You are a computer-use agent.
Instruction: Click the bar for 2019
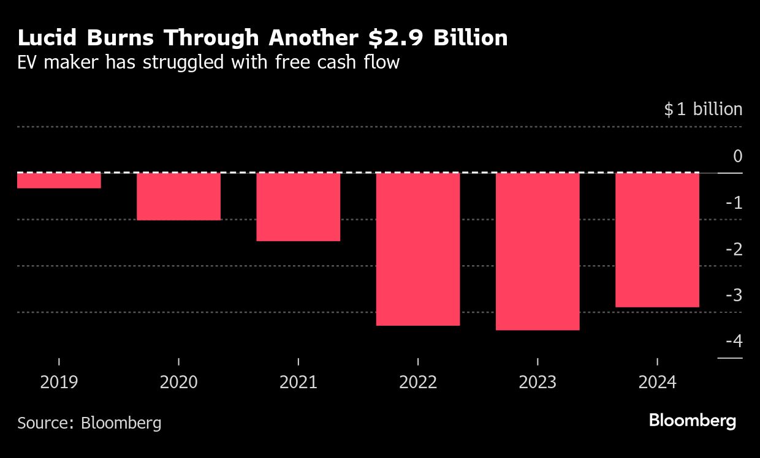click(x=59, y=181)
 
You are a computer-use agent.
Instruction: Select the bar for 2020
click(x=178, y=197)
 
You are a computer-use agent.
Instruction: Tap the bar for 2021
click(x=298, y=207)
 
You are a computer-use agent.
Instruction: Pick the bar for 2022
click(x=418, y=249)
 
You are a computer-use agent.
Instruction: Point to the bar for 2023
click(x=538, y=252)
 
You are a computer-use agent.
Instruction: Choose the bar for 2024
click(x=657, y=240)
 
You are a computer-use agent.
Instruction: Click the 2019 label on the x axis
click(x=59, y=383)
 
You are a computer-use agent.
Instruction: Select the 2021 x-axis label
click(x=298, y=383)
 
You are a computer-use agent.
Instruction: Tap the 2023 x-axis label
click(x=538, y=383)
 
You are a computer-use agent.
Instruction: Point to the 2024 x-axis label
click(x=657, y=383)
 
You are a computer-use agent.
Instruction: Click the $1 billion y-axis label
click(x=703, y=110)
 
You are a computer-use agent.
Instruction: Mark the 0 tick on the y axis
click(x=737, y=156)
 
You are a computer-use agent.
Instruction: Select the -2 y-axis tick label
click(x=734, y=249)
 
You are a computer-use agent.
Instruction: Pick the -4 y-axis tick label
click(x=734, y=341)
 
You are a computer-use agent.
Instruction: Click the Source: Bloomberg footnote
click(x=89, y=422)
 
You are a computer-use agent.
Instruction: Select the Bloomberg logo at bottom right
click(x=692, y=421)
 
